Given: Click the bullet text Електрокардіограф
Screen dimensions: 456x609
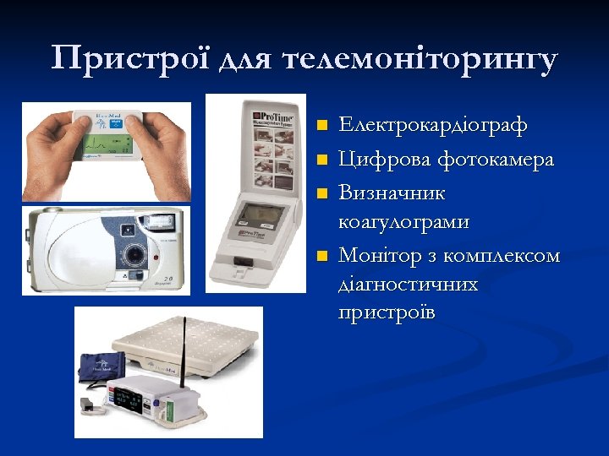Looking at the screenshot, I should pyautogui.click(x=432, y=125).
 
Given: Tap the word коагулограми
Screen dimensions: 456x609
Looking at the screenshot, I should pyautogui.click(x=403, y=222).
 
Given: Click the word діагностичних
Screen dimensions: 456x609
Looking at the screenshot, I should pyautogui.click(x=408, y=285).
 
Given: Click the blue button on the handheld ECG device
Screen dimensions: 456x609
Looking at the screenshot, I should pyautogui.click(x=117, y=124).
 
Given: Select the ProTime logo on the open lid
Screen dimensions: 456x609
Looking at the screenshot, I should pyautogui.click(x=272, y=114).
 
